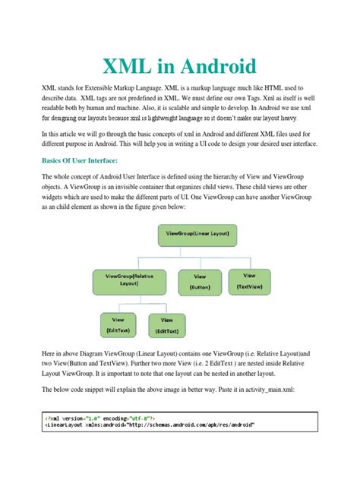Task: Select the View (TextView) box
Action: pos(251,281)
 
